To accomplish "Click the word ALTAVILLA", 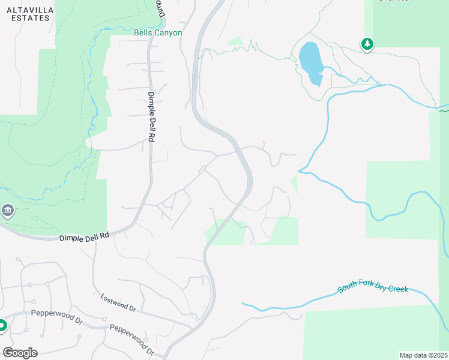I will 29,10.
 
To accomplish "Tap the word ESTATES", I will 29,18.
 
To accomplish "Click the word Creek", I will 397,289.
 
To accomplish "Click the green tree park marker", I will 367,44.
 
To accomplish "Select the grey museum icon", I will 8,211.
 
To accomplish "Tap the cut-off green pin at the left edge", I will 2,326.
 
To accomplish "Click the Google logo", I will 20,352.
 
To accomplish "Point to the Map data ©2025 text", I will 423,355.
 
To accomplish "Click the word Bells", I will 143,32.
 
